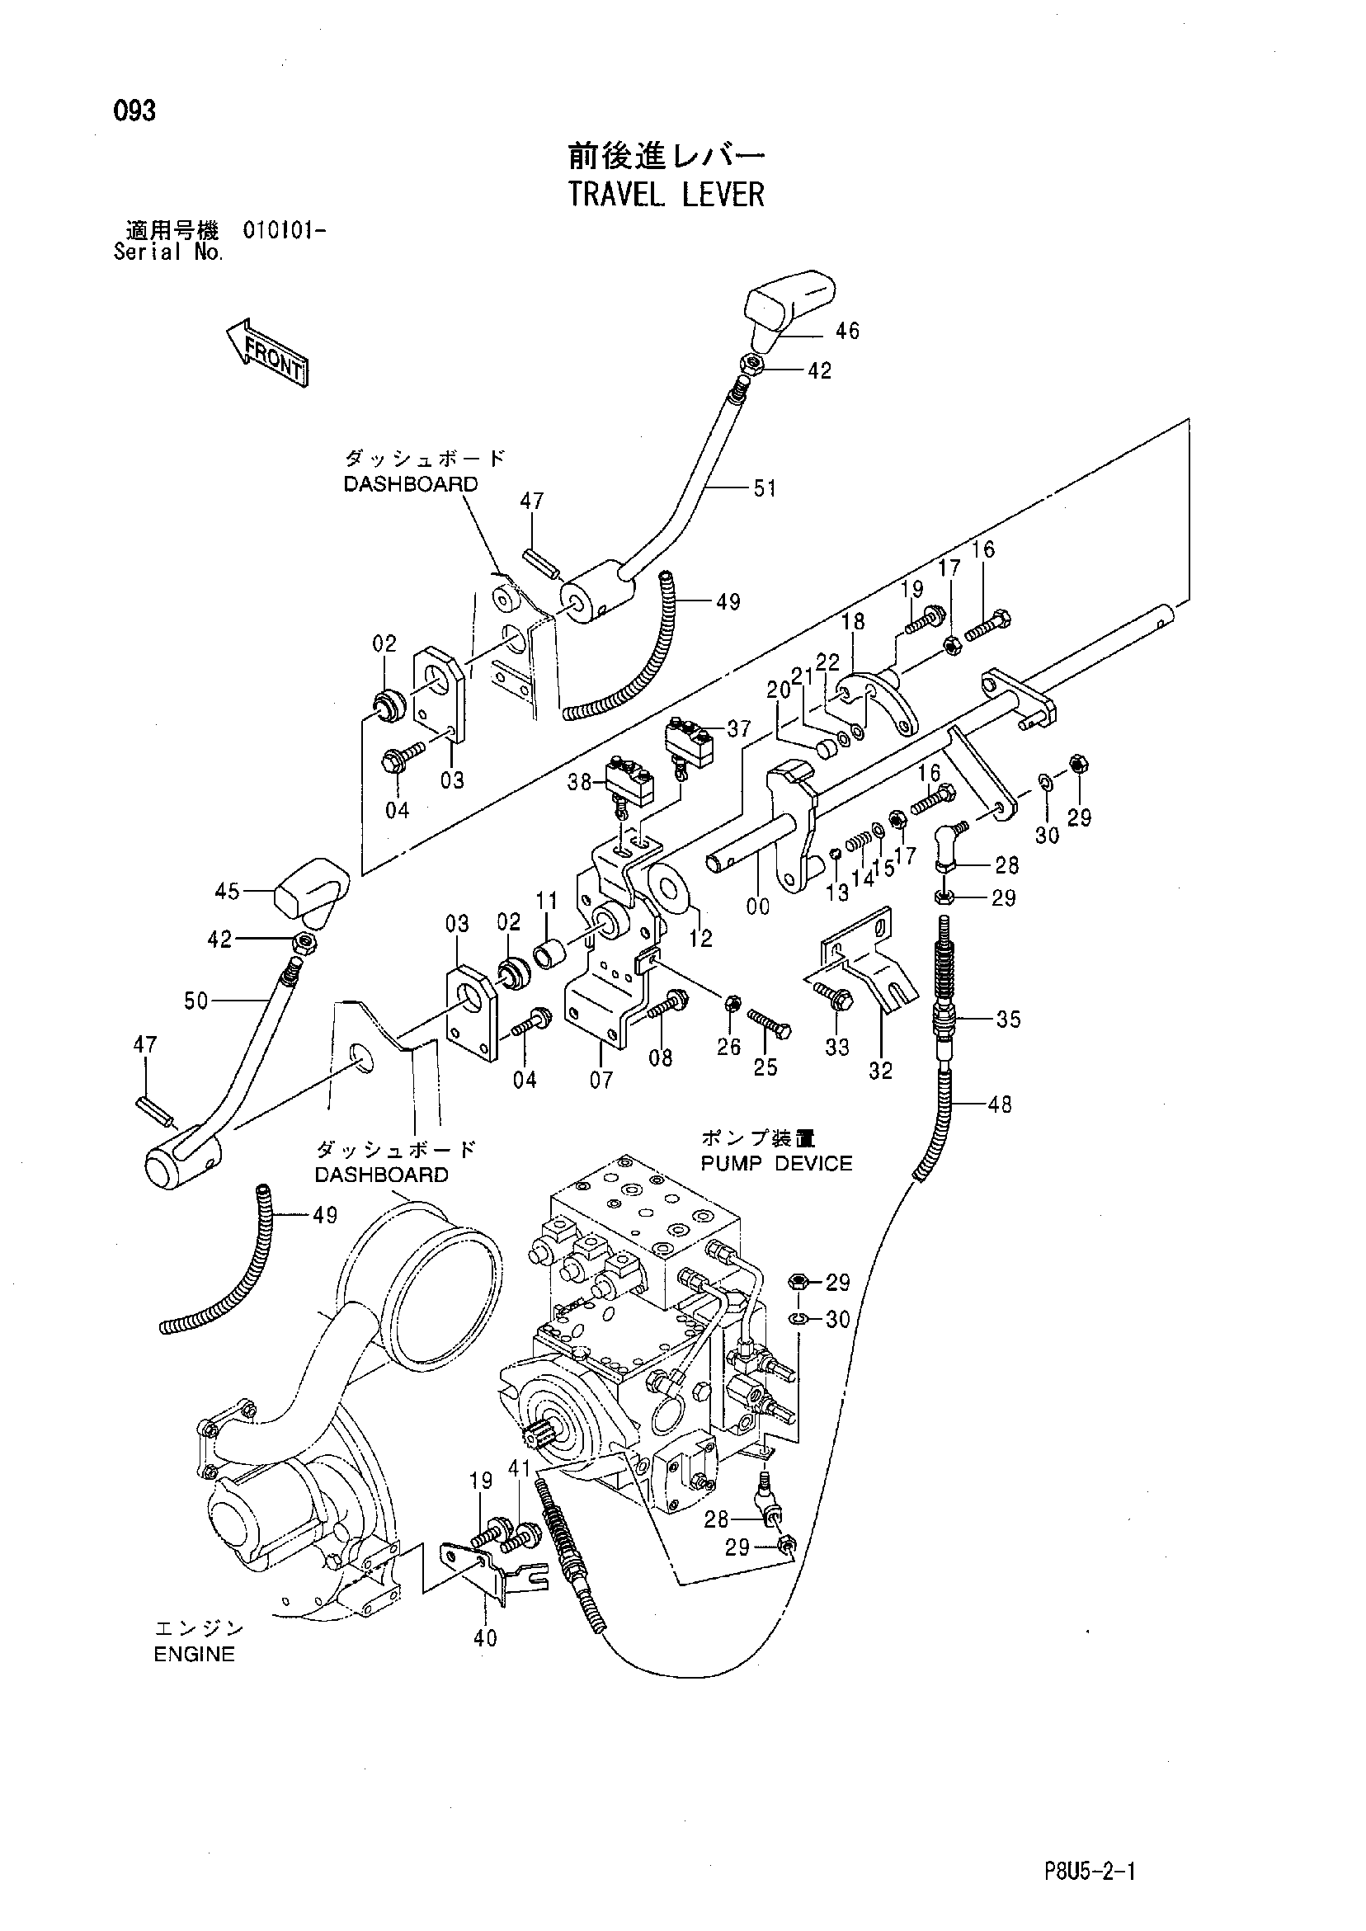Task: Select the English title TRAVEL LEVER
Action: [667, 195]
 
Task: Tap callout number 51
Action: [765, 487]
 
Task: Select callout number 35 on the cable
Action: [1008, 1020]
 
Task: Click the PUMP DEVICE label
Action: [776, 1163]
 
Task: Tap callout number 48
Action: [999, 1104]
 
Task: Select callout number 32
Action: [880, 1071]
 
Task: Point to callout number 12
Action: [699, 937]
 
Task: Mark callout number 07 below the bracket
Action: [601, 1079]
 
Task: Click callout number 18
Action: [853, 620]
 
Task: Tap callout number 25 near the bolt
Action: [765, 1067]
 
